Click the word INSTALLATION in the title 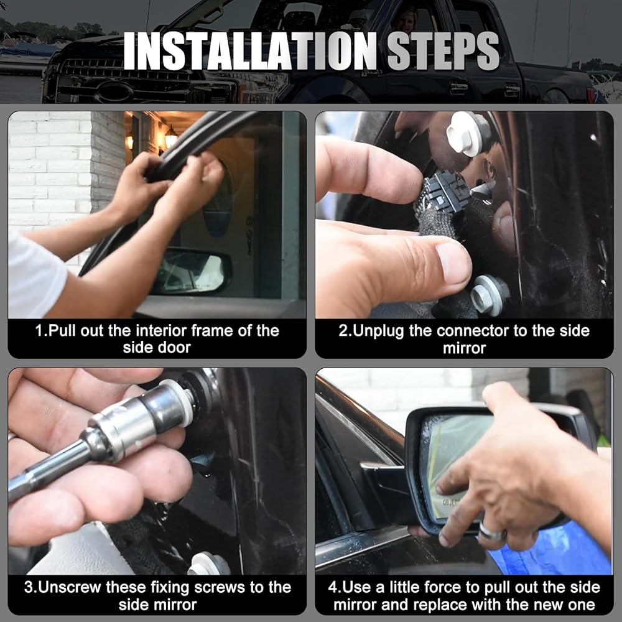[250, 51]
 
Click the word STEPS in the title [443, 51]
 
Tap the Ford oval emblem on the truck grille [116, 91]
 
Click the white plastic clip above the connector [468, 133]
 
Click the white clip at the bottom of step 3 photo [209, 564]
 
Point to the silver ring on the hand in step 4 [492, 531]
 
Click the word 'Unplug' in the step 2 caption [378, 331]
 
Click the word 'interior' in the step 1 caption [161, 331]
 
